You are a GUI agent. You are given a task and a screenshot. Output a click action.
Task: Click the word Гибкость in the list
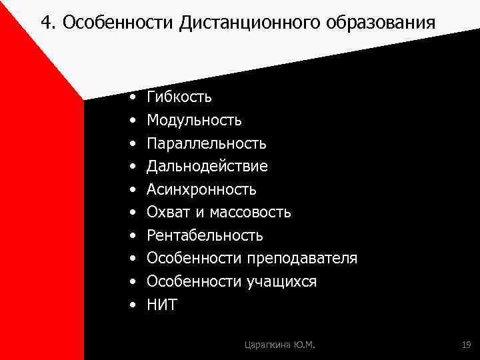[179, 97]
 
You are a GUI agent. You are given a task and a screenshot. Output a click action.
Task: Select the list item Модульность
[194, 121]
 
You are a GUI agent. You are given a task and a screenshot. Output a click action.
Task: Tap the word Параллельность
[207, 143]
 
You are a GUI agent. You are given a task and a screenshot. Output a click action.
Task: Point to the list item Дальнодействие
[207, 167]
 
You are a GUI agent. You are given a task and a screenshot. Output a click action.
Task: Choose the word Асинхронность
[201, 189]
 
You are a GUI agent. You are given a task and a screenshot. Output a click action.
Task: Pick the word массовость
[250, 213]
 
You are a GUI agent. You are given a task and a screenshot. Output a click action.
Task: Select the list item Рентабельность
[205, 235]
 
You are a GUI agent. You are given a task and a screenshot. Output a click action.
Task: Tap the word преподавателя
[301, 259]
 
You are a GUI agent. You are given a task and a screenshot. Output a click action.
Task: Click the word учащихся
[281, 281]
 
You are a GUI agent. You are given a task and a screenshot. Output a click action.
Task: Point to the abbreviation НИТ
[162, 305]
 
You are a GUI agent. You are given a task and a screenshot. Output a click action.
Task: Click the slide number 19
[466, 345]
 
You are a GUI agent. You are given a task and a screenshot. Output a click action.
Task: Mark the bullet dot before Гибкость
[134, 98]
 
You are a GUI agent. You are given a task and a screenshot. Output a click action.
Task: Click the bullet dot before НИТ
[134, 305]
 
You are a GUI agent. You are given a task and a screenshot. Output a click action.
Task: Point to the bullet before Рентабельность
[134, 236]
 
